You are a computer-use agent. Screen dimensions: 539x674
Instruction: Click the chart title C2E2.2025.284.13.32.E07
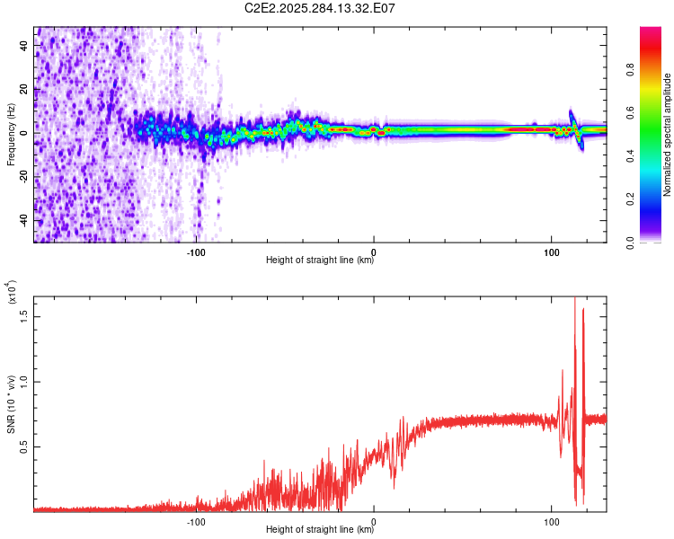(x=321, y=8)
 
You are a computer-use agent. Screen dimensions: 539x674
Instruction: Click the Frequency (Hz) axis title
(x=12, y=134)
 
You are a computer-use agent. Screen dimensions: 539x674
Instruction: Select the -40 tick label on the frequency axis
(x=25, y=220)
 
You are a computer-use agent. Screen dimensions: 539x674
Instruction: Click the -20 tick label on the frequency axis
(x=25, y=176)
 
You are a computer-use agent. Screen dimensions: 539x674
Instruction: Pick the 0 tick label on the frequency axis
(x=25, y=132)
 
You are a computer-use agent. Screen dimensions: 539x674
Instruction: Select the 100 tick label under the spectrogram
(x=551, y=252)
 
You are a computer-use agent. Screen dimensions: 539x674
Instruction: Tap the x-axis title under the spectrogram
(x=320, y=261)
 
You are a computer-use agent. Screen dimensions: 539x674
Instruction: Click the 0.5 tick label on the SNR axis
(x=25, y=446)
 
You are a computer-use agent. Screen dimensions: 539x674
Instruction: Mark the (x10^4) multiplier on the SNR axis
(x=12, y=293)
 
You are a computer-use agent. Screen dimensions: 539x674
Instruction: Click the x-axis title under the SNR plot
(x=320, y=530)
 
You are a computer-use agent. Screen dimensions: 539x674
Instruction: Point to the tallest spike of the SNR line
(x=575, y=300)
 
